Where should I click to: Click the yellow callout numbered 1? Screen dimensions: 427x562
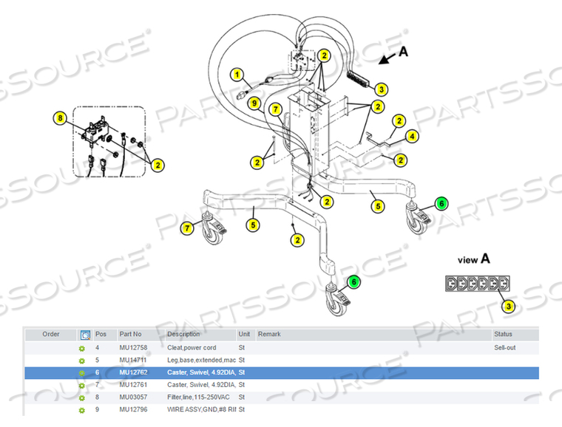coord(237,75)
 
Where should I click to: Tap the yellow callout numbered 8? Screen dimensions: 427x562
coord(61,117)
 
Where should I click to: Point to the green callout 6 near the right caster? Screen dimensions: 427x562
coord(441,203)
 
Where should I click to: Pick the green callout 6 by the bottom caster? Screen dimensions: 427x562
coord(353,281)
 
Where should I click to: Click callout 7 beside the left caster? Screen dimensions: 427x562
coord(188,228)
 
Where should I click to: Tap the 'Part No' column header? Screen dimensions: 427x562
coord(131,335)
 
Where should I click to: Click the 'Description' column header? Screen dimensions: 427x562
coord(183,335)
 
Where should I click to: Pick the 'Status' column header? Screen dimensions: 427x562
coord(504,335)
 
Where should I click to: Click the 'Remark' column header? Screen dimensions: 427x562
coord(269,335)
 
